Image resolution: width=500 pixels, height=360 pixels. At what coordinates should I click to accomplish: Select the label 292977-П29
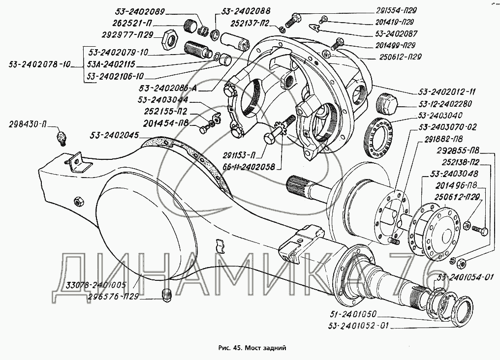point(127,35)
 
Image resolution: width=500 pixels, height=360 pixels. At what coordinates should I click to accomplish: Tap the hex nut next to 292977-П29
point(169,40)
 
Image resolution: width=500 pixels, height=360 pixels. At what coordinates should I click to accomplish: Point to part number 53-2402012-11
point(447,92)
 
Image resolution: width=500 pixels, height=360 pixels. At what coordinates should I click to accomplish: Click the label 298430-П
point(28,124)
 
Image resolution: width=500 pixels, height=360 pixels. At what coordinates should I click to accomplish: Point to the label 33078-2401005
point(95,284)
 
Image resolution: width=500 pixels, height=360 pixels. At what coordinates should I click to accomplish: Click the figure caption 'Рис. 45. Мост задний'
point(252,348)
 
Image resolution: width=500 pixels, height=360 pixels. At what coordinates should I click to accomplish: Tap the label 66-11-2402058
point(249,167)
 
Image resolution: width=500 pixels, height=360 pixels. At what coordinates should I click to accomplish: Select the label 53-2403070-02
point(448,127)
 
